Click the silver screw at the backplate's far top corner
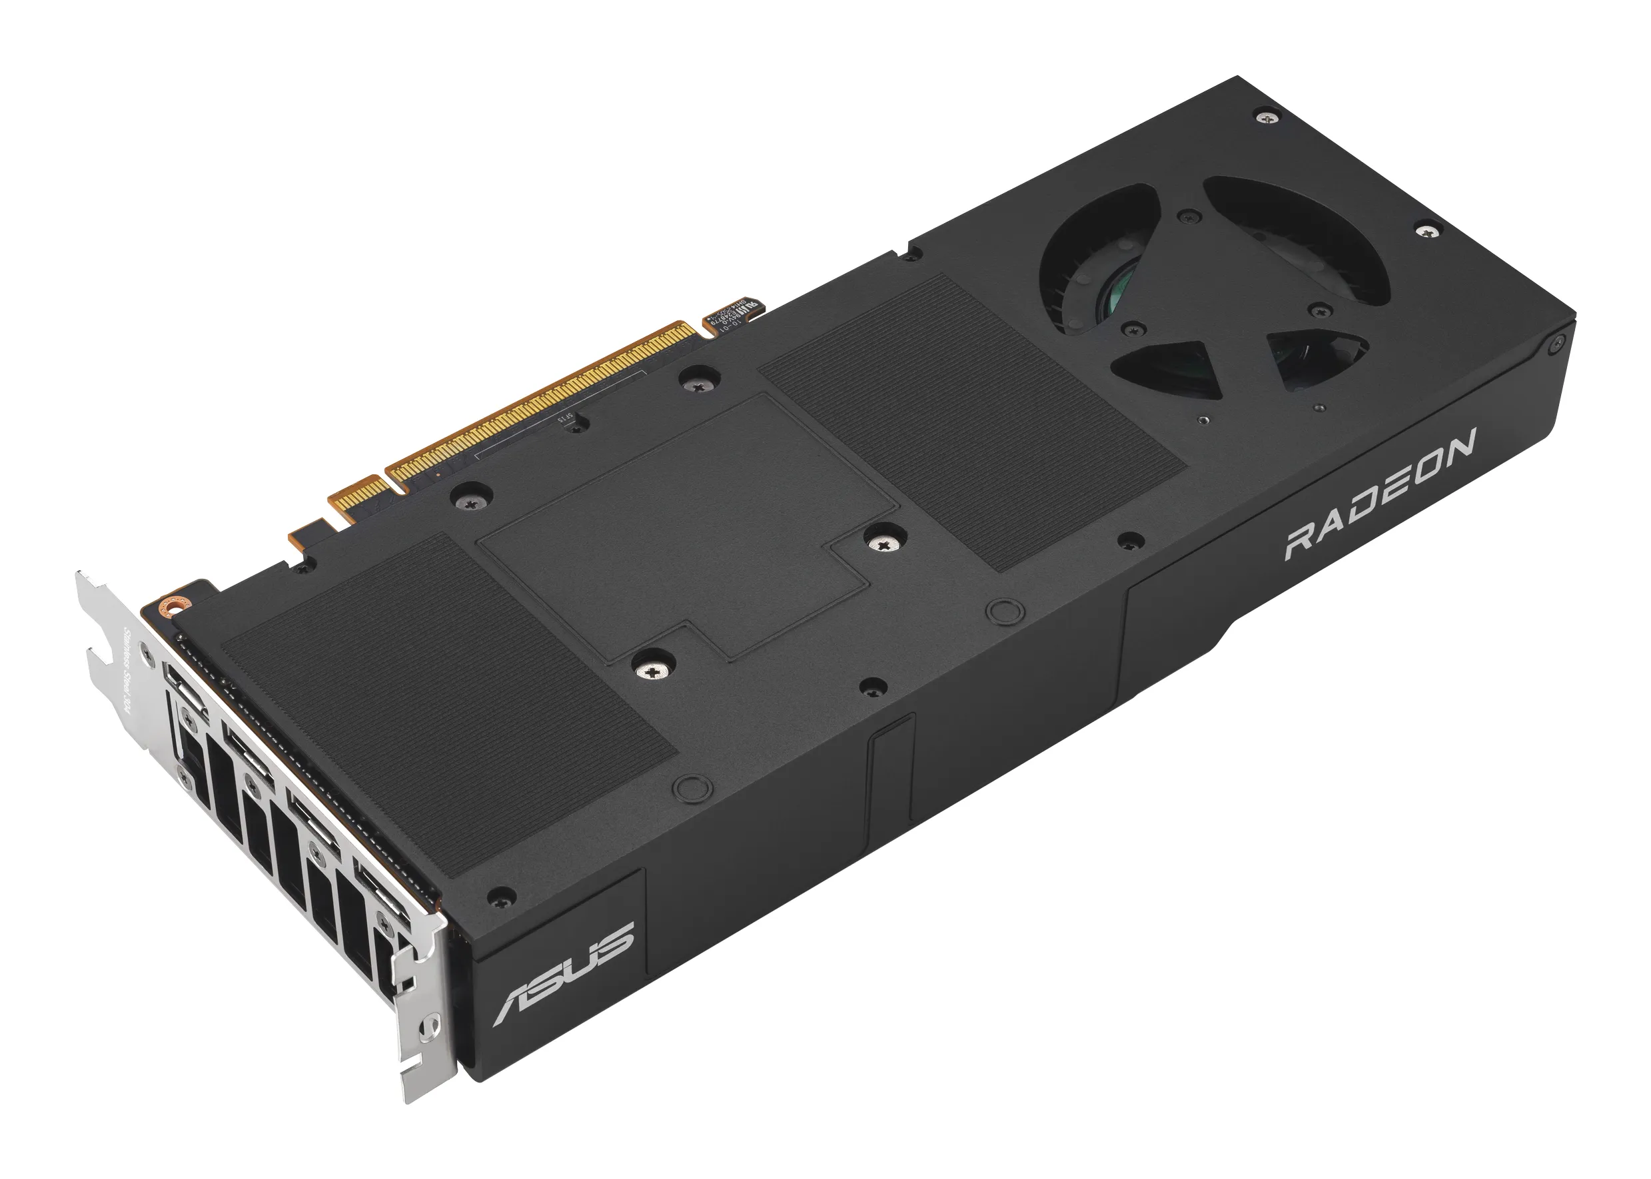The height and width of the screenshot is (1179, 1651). pos(1268,115)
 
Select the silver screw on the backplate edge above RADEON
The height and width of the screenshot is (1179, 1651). pos(1427,232)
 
